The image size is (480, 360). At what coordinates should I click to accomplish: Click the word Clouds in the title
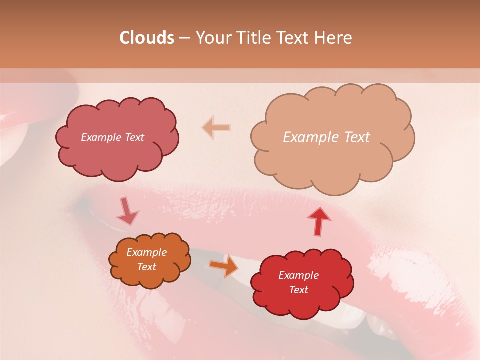point(147,38)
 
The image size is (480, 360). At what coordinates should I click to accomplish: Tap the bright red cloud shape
point(302,305)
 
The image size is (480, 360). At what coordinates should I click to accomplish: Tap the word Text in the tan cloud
point(356,137)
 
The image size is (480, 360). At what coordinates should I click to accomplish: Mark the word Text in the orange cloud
point(147,267)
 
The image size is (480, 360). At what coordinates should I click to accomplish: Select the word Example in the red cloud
point(298,275)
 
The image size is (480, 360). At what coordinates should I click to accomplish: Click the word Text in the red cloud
point(298,290)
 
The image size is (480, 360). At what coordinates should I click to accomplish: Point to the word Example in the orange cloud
point(147,252)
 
